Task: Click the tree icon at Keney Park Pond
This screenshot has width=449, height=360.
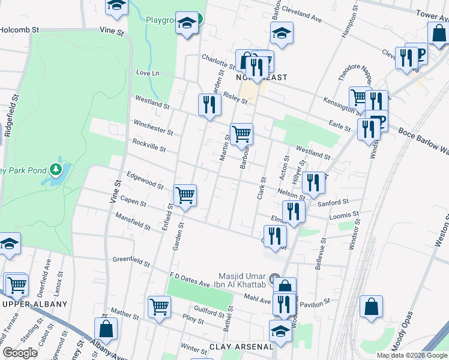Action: tap(56, 170)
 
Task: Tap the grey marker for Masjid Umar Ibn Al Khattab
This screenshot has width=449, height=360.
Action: tap(275, 279)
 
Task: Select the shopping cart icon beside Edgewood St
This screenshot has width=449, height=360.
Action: tap(185, 194)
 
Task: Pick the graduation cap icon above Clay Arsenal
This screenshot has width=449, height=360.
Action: tap(280, 331)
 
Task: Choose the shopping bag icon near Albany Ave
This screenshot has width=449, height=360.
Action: tap(106, 328)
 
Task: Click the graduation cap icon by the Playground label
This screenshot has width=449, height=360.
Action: tap(187, 23)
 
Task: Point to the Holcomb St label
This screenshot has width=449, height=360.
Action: tap(19, 29)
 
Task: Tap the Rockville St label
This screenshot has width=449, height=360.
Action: tap(148, 145)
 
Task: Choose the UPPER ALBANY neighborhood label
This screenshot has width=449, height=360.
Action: tap(35, 304)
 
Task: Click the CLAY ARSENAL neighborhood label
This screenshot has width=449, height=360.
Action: tap(241, 347)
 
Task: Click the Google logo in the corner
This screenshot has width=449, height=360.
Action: tap(19, 353)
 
